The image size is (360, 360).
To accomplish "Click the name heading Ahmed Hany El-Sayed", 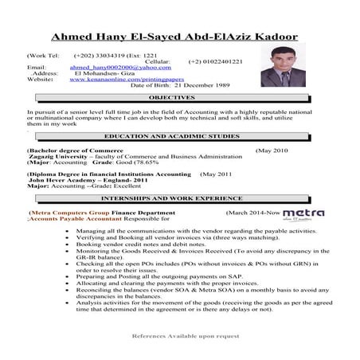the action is (174, 37).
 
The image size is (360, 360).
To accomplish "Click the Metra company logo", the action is (303, 213).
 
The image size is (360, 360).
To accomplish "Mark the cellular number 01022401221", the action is (216, 61).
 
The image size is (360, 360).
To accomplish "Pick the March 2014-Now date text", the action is (253, 213).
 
